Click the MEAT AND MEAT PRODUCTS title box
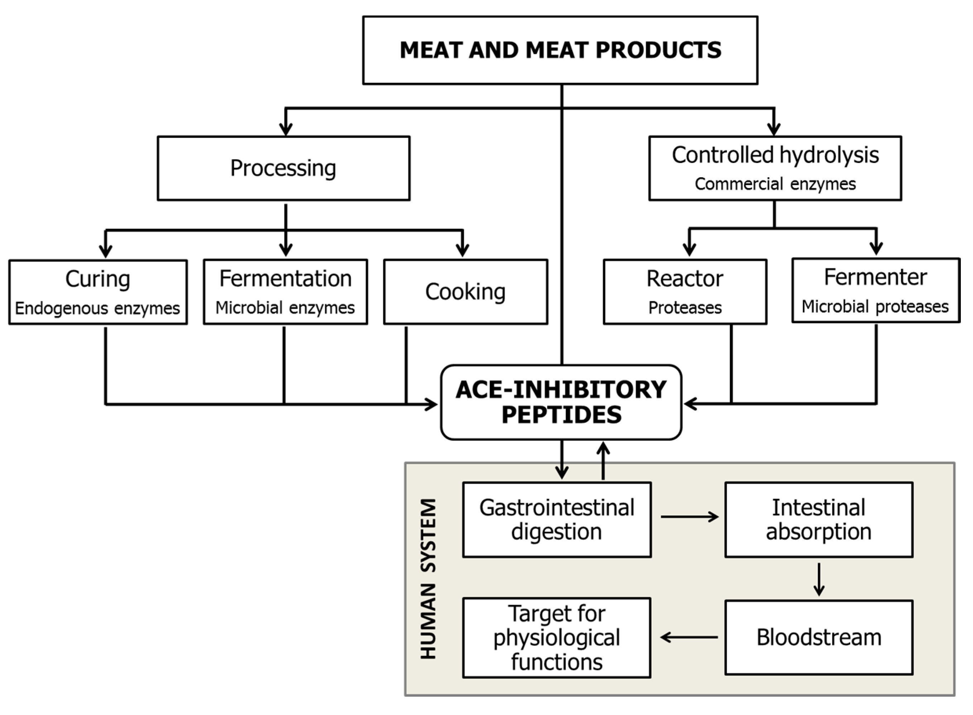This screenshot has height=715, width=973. (560, 50)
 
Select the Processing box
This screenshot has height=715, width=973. (284, 168)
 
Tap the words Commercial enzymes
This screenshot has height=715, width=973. (775, 184)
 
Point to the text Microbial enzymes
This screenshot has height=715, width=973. (285, 308)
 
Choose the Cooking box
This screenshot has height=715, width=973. (465, 292)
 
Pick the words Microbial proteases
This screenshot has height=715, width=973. (875, 306)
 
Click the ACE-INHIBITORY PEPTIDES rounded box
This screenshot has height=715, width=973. (561, 402)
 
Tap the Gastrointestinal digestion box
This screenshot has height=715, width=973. (557, 520)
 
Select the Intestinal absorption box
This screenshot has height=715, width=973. (819, 520)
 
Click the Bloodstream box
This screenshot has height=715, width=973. (819, 637)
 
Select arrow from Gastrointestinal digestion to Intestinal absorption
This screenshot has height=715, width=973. (689, 517)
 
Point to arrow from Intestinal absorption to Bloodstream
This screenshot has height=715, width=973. (819, 579)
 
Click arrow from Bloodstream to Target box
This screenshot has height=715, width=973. (689, 637)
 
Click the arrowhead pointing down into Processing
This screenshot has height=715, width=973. (286, 129)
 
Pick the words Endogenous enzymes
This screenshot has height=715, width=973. (97, 309)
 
